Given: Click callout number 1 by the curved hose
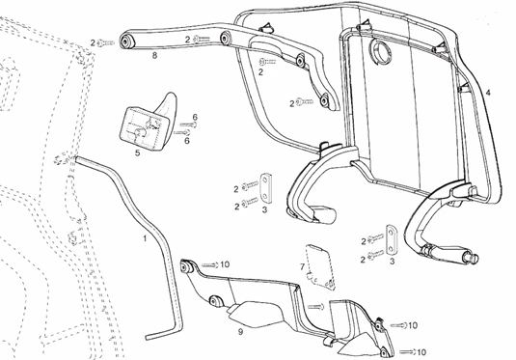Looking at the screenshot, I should tap(147, 236).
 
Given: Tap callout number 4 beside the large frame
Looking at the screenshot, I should tap(489, 92).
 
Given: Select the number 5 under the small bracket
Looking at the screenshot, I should tap(138, 152).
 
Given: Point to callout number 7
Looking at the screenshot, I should tap(302, 265).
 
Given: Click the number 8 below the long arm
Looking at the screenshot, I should tap(154, 58).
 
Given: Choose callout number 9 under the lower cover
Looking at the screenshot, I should tap(241, 331).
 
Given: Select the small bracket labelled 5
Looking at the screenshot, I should tap(148, 118).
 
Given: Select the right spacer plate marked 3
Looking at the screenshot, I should tap(392, 235).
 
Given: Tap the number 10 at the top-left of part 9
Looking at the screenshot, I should tap(224, 263).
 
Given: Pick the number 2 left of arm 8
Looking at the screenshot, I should tap(93, 42).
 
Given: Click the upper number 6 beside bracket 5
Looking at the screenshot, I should tap(195, 118).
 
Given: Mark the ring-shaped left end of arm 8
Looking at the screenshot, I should tap(125, 42).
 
